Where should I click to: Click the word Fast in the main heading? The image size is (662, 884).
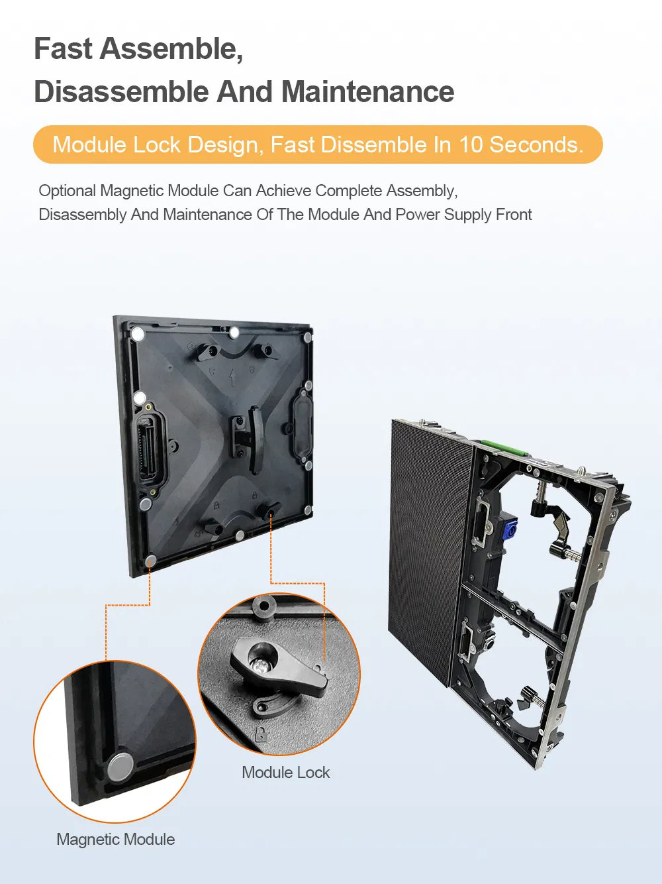click(64, 49)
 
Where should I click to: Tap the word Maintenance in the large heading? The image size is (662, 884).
click(367, 92)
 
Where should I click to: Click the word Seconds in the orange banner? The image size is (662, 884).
click(536, 144)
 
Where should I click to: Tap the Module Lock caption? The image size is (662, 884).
click(285, 773)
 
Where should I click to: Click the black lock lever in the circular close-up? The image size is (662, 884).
click(277, 669)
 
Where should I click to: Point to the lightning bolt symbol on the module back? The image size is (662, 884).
click(232, 377)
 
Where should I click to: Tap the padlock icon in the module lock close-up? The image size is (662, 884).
click(261, 734)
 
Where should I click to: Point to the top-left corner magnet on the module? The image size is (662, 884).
click(138, 334)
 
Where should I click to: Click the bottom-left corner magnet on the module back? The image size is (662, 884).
click(151, 559)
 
